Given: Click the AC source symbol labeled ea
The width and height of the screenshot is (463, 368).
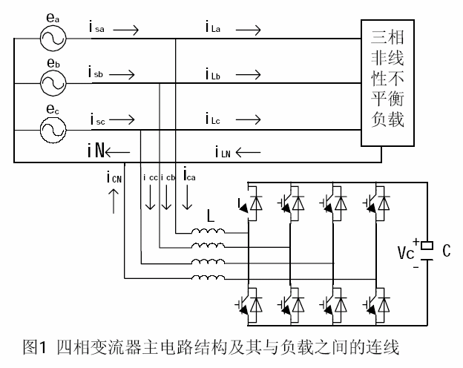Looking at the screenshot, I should pyautogui.click(x=52, y=36).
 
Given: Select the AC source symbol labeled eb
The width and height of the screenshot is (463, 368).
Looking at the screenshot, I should pyautogui.click(x=52, y=84).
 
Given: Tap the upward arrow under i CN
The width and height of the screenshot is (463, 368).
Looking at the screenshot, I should pyautogui.click(x=114, y=200).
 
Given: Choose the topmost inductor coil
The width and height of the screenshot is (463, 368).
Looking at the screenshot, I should pyautogui.click(x=208, y=233).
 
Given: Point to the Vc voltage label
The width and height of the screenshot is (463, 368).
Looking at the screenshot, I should pyautogui.click(x=406, y=253).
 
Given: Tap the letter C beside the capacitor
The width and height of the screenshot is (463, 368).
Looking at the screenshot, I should pyautogui.click(x=446, y=252).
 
